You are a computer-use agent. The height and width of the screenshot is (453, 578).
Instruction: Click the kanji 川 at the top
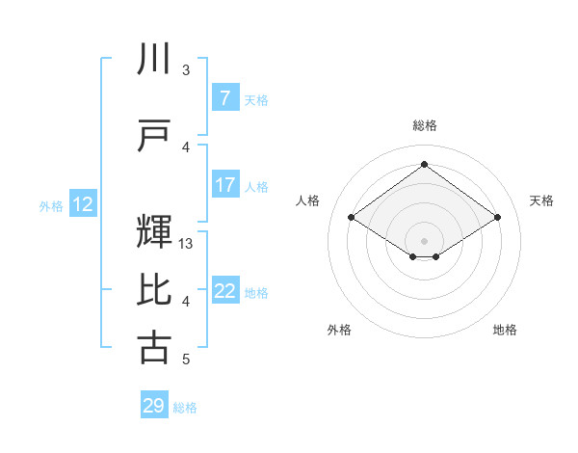pyautogui.click(x=154, y=61)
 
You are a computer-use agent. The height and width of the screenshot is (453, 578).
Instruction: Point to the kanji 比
pyautogui.click(x=154, y=289)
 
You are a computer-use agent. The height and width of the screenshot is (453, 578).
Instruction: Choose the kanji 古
pyautogui.click(x=154, y=347)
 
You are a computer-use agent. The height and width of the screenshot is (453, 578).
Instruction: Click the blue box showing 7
pyautogui.click(x=224, y=98)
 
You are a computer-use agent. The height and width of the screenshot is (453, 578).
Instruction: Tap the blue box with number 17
pyautogui.click(x=224, y=185)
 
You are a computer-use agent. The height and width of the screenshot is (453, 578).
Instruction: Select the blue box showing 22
pyautogui.click(x=224, y=291)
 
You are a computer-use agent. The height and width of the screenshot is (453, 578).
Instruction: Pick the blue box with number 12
pyautogui.click(x=83, y=204)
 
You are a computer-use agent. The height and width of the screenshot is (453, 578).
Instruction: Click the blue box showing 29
pyautogui.click(x=154, y=406)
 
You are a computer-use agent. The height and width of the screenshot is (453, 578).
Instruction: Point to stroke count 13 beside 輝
pyautogui.click(x=187, y=244)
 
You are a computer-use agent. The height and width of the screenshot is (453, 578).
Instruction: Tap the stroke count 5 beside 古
pyautogui.click(x=186, y=360)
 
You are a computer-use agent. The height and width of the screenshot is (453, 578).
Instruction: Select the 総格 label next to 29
pyautogui.click(x=185, y=408)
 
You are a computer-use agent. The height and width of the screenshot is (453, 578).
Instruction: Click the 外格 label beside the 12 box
pyautogui.click(x=50, y=205)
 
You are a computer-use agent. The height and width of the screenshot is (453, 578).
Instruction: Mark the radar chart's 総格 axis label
pyautogui.click(x=424, y=125)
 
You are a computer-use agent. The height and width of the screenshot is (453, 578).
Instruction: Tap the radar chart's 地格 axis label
pyautogui.click(x=505, y=330)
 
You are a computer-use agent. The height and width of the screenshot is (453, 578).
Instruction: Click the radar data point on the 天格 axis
pyautogui.click(x=497, y=218)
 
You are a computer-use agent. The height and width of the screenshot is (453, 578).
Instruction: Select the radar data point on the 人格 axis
pyautogui.click(x=352, y=218)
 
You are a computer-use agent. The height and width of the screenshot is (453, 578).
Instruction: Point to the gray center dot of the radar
pyautogui.click(x=424, y=239)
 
